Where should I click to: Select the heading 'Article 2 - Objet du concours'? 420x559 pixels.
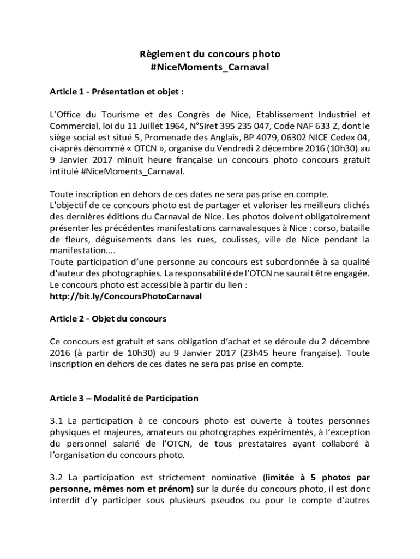coord(108,318)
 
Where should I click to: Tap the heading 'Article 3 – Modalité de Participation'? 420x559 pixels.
coord(124,398)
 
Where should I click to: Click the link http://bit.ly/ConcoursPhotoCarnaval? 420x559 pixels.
coord(125,296)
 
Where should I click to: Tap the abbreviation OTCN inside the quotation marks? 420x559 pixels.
coord(154,148)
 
